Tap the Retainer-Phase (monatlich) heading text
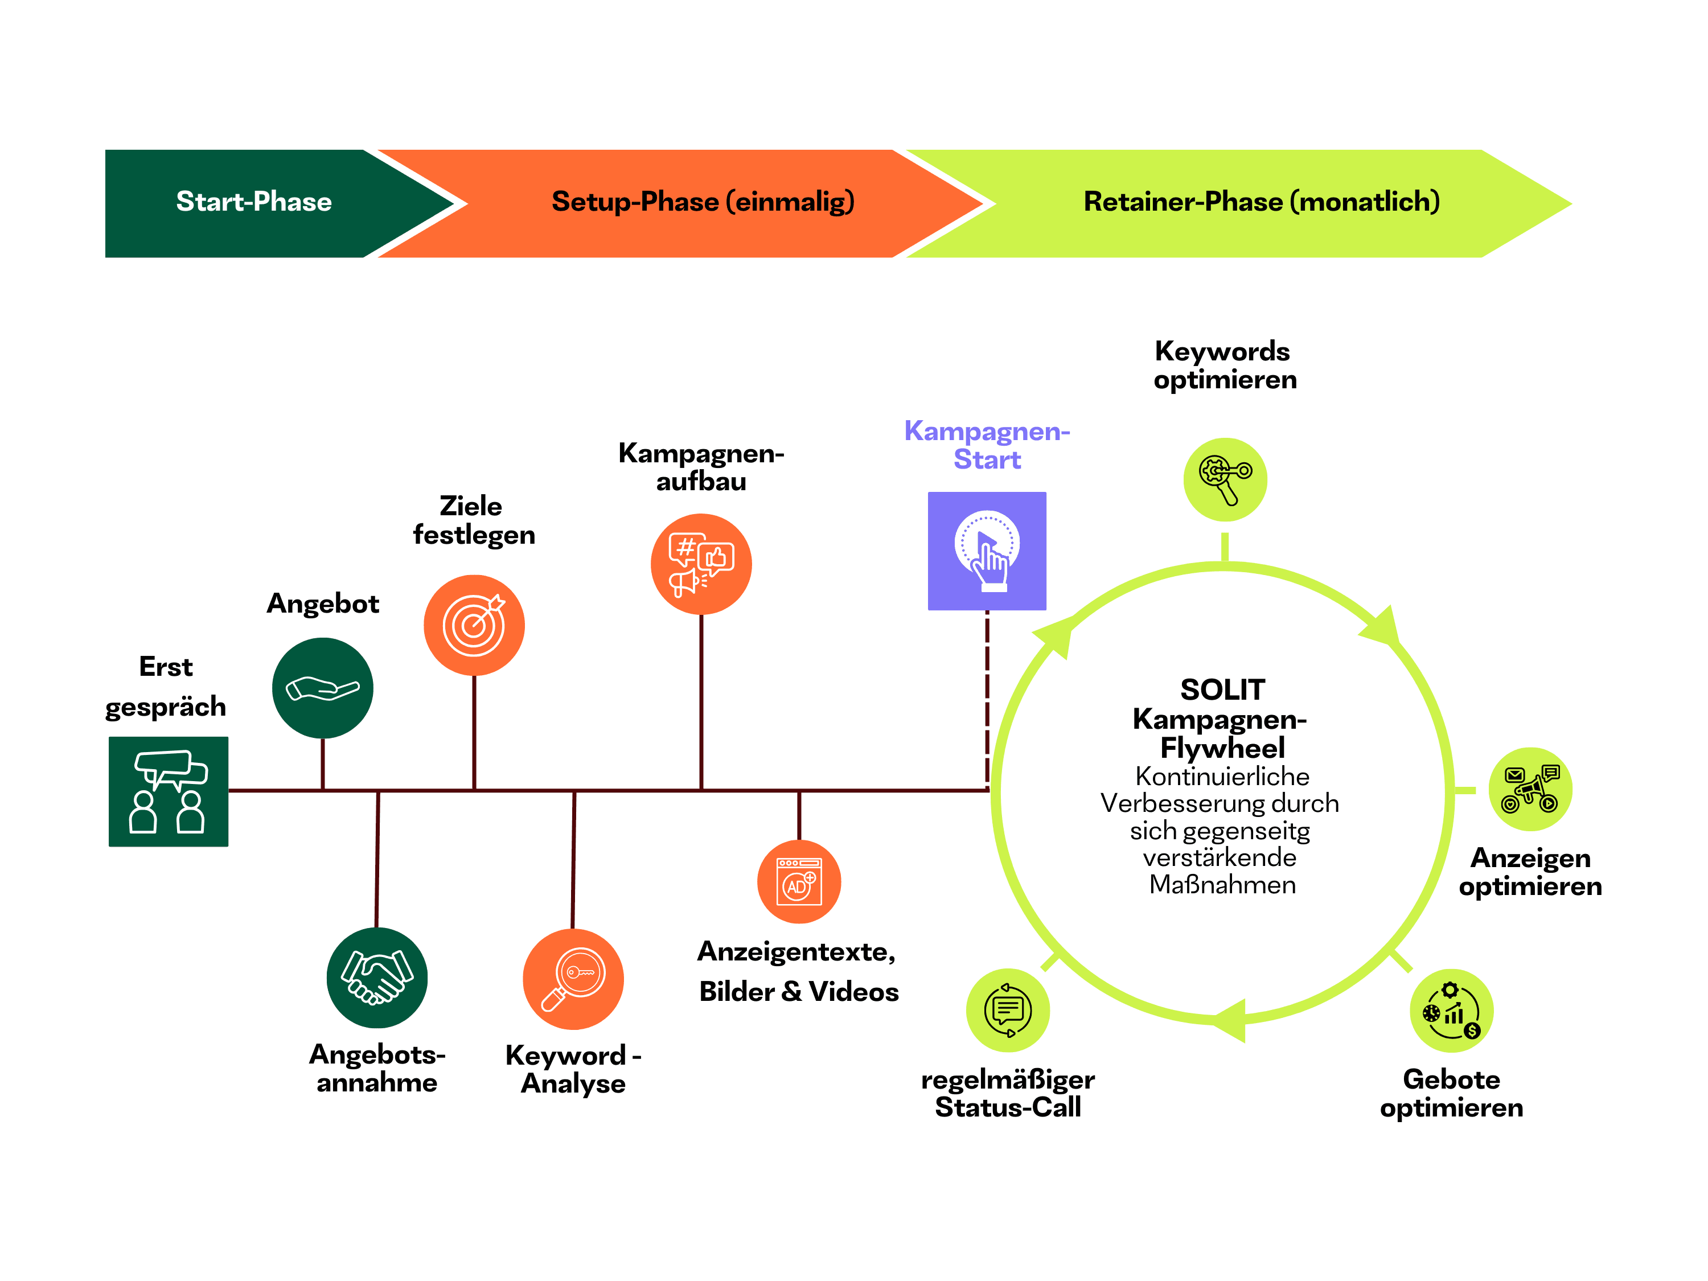[1262, 202]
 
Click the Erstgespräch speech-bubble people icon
[169, 791]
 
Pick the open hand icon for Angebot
[323, 688]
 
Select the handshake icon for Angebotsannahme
[377, 978]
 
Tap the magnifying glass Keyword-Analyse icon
[573, 978]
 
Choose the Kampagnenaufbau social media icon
[701, 564]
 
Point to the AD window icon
[799, 882]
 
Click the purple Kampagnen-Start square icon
[987, 551]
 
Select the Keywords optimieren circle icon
[1225, 479]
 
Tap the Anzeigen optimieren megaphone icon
[1530, 789]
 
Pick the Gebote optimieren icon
[1452, 1011]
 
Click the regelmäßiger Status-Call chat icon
[1008, 1010]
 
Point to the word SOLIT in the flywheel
[1222, 689]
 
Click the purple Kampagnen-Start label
[987, 445]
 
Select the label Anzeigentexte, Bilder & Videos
[798, 971]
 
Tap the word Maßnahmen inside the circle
[1222, 885]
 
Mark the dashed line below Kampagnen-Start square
[987, 695]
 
